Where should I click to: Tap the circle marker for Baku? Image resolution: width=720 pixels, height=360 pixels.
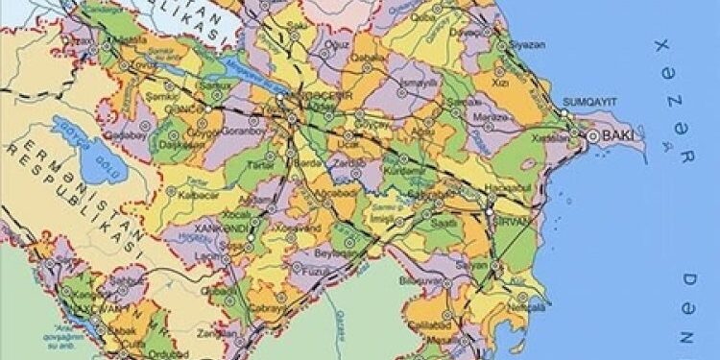[x=593, y=137]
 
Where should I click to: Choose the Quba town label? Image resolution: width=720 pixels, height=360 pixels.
[x=424, y=16]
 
